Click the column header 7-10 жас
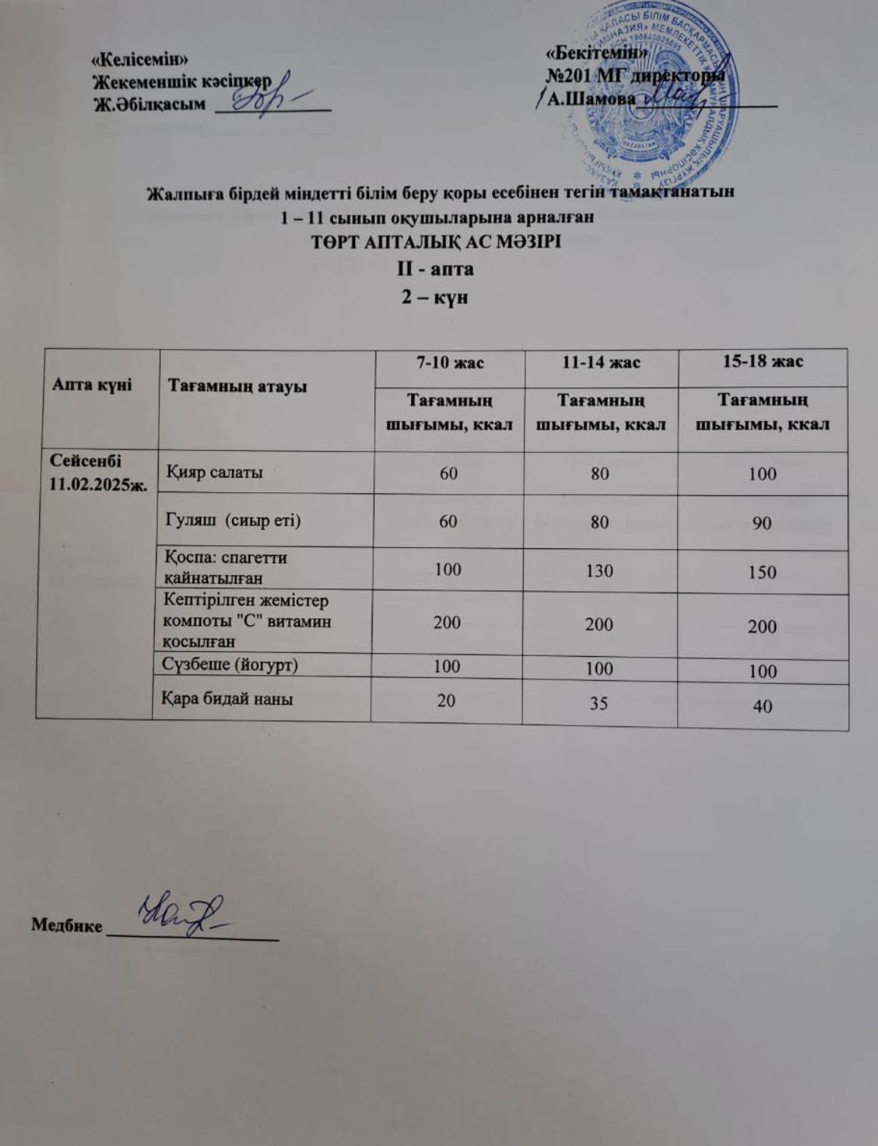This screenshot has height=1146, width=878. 450,362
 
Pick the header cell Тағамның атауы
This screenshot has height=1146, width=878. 237,387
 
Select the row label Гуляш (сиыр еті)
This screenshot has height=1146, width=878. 233,519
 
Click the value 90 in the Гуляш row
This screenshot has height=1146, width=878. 762,522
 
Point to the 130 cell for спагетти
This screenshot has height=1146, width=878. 599,570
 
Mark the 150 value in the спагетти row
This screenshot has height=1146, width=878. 762,571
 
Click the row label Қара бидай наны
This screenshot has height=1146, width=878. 227,698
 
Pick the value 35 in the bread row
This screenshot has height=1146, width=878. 598,703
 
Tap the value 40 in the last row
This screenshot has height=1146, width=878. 762,707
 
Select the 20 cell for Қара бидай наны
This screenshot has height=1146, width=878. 447,701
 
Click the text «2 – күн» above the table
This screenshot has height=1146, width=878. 434,297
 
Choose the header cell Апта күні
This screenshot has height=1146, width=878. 91,384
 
